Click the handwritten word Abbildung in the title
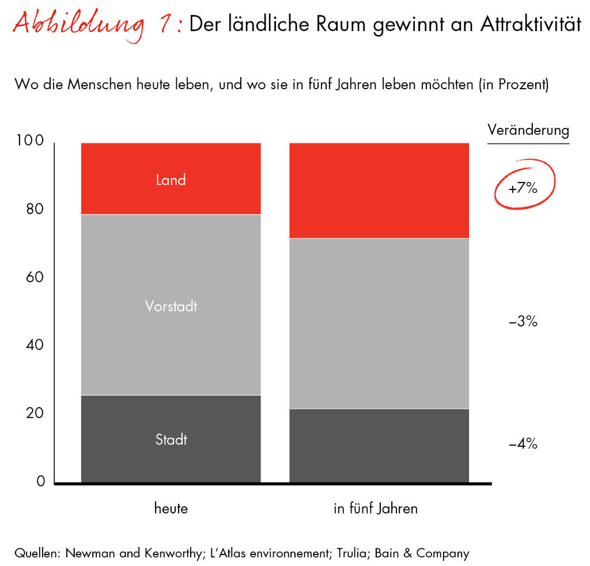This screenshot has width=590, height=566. click(78, 26)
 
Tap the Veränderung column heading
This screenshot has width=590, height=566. click(528, 130)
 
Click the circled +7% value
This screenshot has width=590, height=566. click(523, 188)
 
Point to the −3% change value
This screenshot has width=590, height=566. click(523, 322)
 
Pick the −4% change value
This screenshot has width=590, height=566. click(523, 444)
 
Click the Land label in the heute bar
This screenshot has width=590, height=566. click(171, 180)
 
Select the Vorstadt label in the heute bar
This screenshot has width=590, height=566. click(171, 306)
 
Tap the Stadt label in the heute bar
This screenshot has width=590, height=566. click(171, 440)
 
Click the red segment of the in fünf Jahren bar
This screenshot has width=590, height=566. click(379, 190)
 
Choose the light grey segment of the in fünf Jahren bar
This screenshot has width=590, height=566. click(379, 323)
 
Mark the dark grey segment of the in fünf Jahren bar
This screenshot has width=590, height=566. click(379, 445)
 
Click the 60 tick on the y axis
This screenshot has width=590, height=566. click(35, 277)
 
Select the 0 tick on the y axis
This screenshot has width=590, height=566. click(41, 481)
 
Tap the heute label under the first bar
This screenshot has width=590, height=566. click(171, 508)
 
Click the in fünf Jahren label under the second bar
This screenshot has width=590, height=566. click(375, 508)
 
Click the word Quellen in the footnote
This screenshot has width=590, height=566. click(37, 554)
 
